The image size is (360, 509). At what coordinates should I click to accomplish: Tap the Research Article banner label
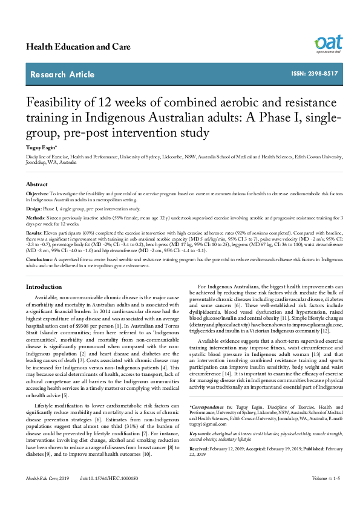tap(62, 75)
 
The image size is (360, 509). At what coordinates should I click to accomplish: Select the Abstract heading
tap(37, 184)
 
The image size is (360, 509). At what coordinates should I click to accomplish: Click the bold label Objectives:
tap(38, 193)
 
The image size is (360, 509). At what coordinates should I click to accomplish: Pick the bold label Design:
tap(34, 207)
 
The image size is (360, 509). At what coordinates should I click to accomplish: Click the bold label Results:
tap(34, 232)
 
